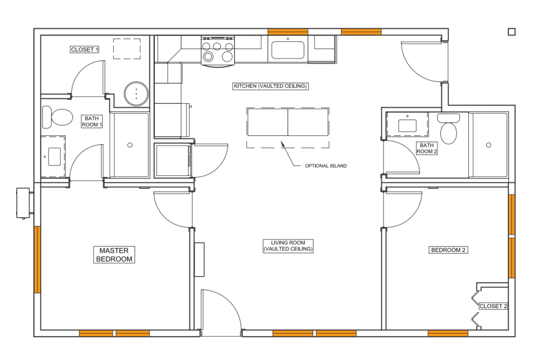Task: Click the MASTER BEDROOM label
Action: click(114, 255)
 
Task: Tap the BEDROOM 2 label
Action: click(448, 250)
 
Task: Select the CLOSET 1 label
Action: click(84, 50)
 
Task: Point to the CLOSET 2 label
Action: click(493, 306)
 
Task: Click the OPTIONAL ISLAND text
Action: click(325, 166)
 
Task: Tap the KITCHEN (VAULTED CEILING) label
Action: click(271, 86)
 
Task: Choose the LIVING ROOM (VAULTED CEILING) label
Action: click(288, 246)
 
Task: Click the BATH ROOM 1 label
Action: click(92, 122)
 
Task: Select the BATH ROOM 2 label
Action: click(427, 149)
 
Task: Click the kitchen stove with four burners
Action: click(218, 51)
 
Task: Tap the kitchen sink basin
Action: click(288, 50)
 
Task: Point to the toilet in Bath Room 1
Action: click(57, 117)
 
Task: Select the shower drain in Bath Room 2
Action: click(488, 145)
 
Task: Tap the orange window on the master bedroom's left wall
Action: click(38, 259)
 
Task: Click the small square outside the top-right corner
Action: click(512, 32)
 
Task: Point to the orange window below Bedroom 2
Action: click(448, 333)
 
